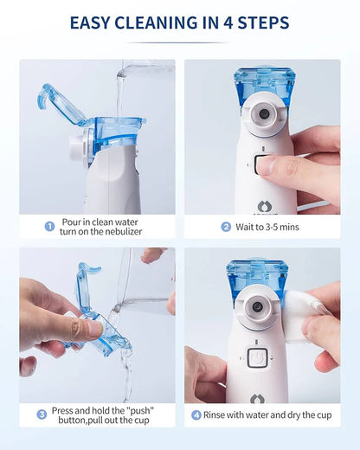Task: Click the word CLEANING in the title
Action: tap(157, 23)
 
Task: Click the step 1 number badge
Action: tap(49, 227)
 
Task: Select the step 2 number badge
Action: tap(226, 227)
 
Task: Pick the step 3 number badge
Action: tap(42, 415)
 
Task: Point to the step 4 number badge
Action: tap(196, 415)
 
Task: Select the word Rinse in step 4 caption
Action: tap(214, 415)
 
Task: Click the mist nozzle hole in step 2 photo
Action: tap(264, 113)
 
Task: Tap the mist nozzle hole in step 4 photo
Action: tap(257, 307)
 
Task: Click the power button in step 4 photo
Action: tap(257, 357)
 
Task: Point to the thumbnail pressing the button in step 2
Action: tap(265, 165)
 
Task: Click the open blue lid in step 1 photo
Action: tap(59, 105)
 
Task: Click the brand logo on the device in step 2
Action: tap(264, 207)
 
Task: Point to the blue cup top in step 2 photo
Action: tap(265, 87)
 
